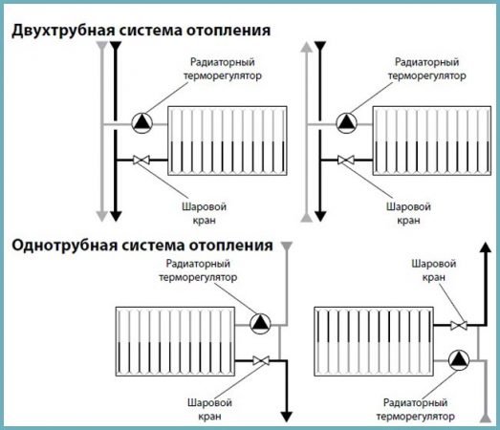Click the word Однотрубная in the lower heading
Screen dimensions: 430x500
coord(55,246)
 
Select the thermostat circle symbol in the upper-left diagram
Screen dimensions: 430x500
coord(141,121)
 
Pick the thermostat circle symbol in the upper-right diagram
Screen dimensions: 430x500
coord(345,121)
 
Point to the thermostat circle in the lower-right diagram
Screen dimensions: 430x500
coord(459,359)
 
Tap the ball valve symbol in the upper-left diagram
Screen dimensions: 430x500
coord(141,161)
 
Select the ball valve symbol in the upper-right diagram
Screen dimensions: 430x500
coord(345,161)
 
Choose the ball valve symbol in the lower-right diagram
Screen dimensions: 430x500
coord(460,324)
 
